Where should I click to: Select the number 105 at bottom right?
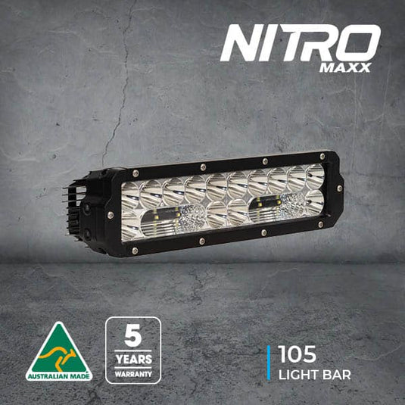click(x=298, y=354)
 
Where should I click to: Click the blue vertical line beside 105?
click(x=269, y=363)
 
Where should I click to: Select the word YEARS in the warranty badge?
click(x=132, y=359)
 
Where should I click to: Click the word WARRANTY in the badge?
click(x=132, y=372)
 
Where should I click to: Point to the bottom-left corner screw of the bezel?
click(x=135, y=251)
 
